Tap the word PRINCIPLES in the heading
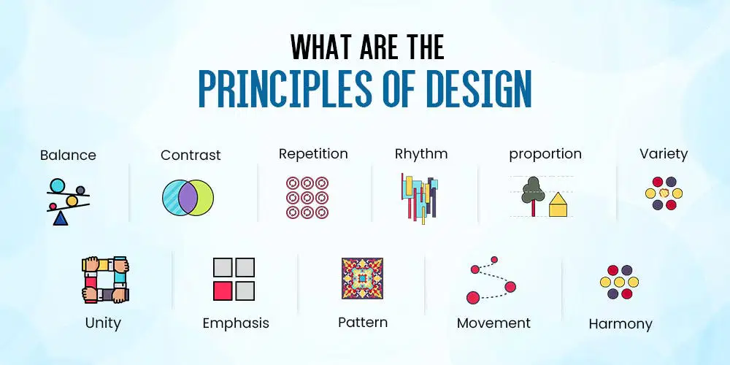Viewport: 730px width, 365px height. pyautogui.click(x=285, y=89)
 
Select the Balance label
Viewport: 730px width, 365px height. pyautogui.click(x=68, y=155)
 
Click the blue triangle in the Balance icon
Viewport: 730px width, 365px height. pyautogui.click(x=61, y=218)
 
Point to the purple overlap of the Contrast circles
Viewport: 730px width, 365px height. pyautogui.click(x=188, y=198)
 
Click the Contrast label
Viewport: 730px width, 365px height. pyautogui.click(x=191, y=155)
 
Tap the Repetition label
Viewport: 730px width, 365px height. pyautogui.click(x=313, y=154)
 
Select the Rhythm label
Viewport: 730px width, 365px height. pyautogui.click(x=421, y=154)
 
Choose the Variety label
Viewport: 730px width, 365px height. pyautogui.click(x=664, y=154)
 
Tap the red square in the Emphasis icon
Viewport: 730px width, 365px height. pyautogui.click(x=223, y=291)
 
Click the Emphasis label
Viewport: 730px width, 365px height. pyautogui.click(x=236, y=323)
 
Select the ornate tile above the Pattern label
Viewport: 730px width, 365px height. pyautogui.click(x=362, y=278)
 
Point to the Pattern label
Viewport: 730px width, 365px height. pyautogui.click(x=363, y=323)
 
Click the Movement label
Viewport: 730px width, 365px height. pyautogui.click(x=493, y=323)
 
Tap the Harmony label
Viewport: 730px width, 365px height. pyautogui.click(x=620, y=325)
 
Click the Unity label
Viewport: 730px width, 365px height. pyautogui.click(x=103, y=323)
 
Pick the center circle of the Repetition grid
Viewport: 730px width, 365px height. pyautogui.click(x=307, y=197)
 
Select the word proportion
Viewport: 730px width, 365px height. pyautogui.click(x=545, y=155)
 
